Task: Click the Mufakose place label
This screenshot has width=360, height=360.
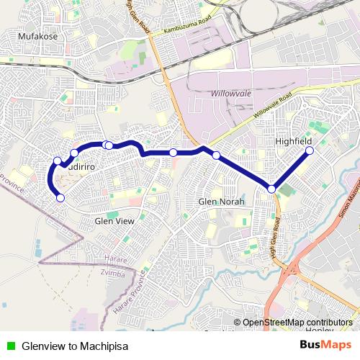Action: (37, 35)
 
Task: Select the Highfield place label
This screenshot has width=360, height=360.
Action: (293, 142)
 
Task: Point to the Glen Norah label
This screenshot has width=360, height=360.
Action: (221, 202)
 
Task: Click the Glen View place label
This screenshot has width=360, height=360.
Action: (114, 221)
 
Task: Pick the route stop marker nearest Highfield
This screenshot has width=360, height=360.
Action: (310, 151)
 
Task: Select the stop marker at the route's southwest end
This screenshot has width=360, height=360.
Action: (60, 197)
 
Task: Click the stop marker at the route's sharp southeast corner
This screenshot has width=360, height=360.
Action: (271, 189)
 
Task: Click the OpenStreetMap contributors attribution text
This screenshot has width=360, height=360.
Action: (297, 323)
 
